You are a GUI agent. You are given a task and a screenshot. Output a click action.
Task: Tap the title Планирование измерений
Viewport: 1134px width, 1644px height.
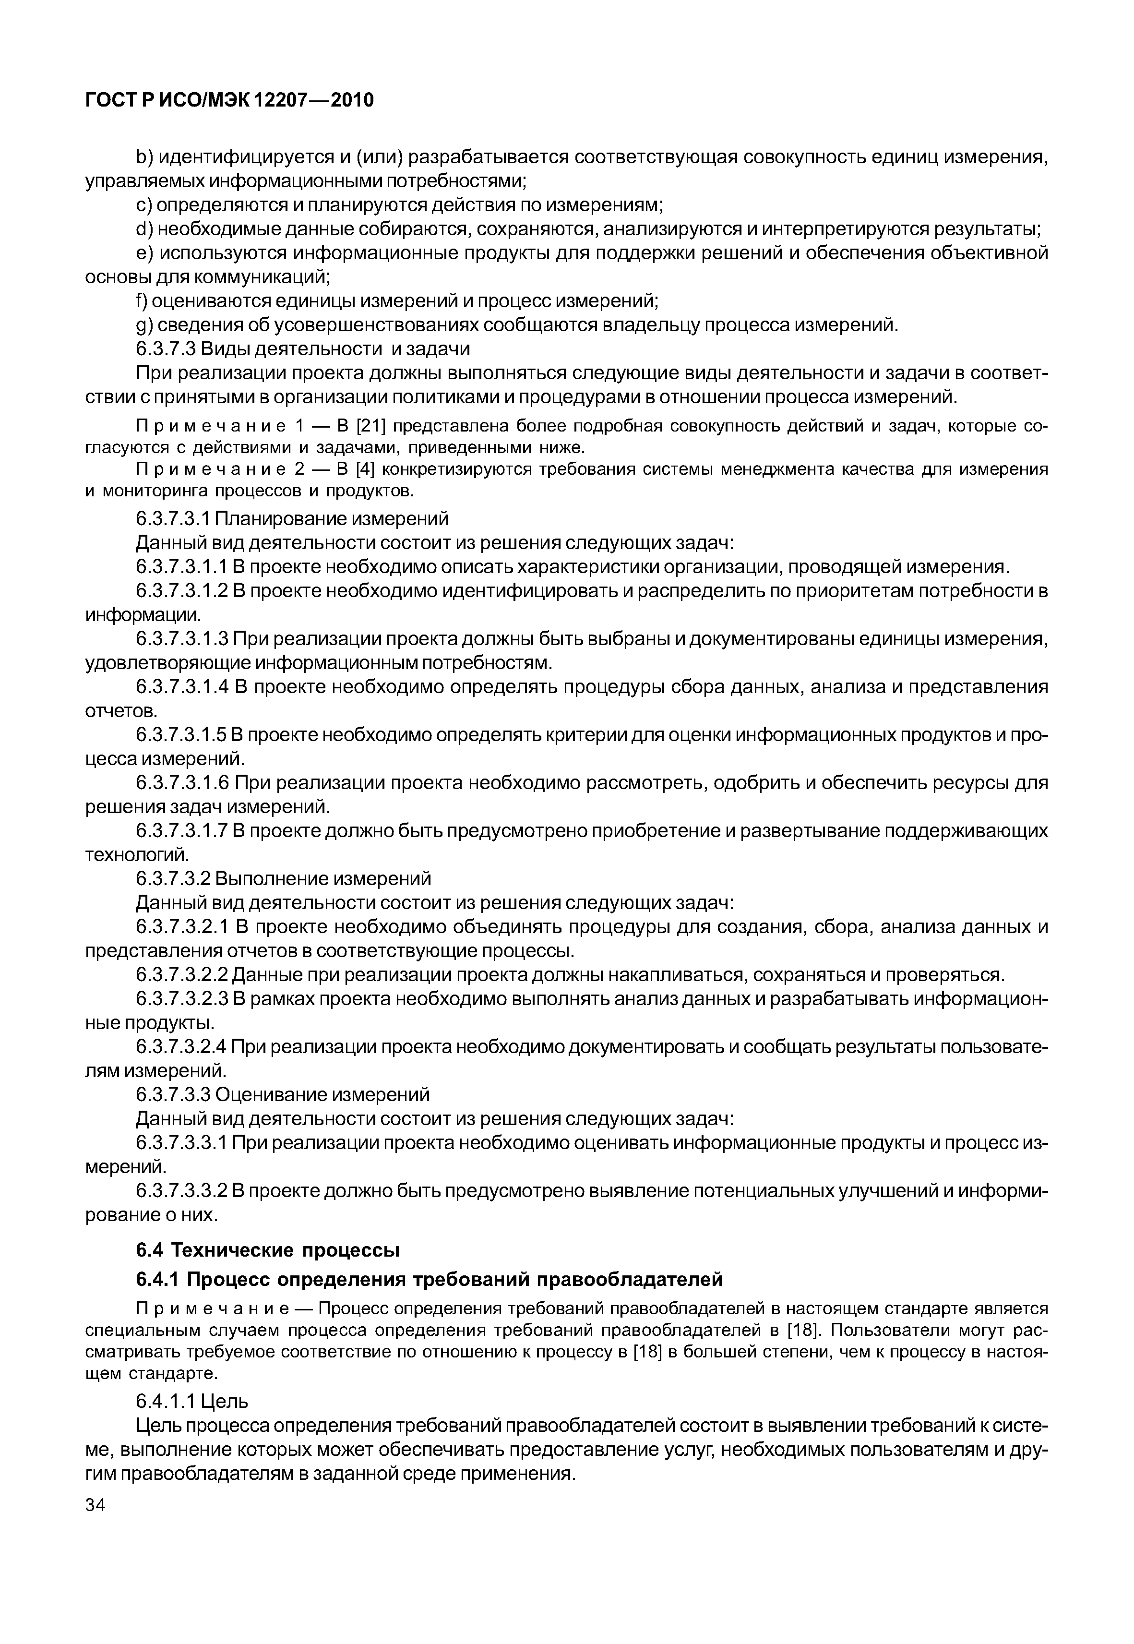pos(331,518)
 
